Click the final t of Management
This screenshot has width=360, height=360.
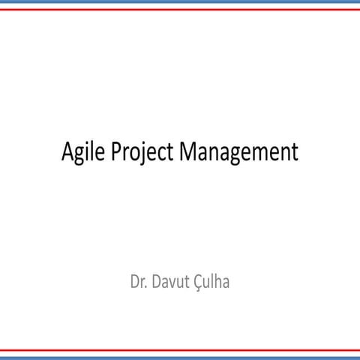(295, 152)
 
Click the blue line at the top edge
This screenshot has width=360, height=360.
(180, 4)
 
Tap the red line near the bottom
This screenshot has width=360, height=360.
(180, 349)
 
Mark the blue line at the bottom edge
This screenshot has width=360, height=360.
(180, 356)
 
